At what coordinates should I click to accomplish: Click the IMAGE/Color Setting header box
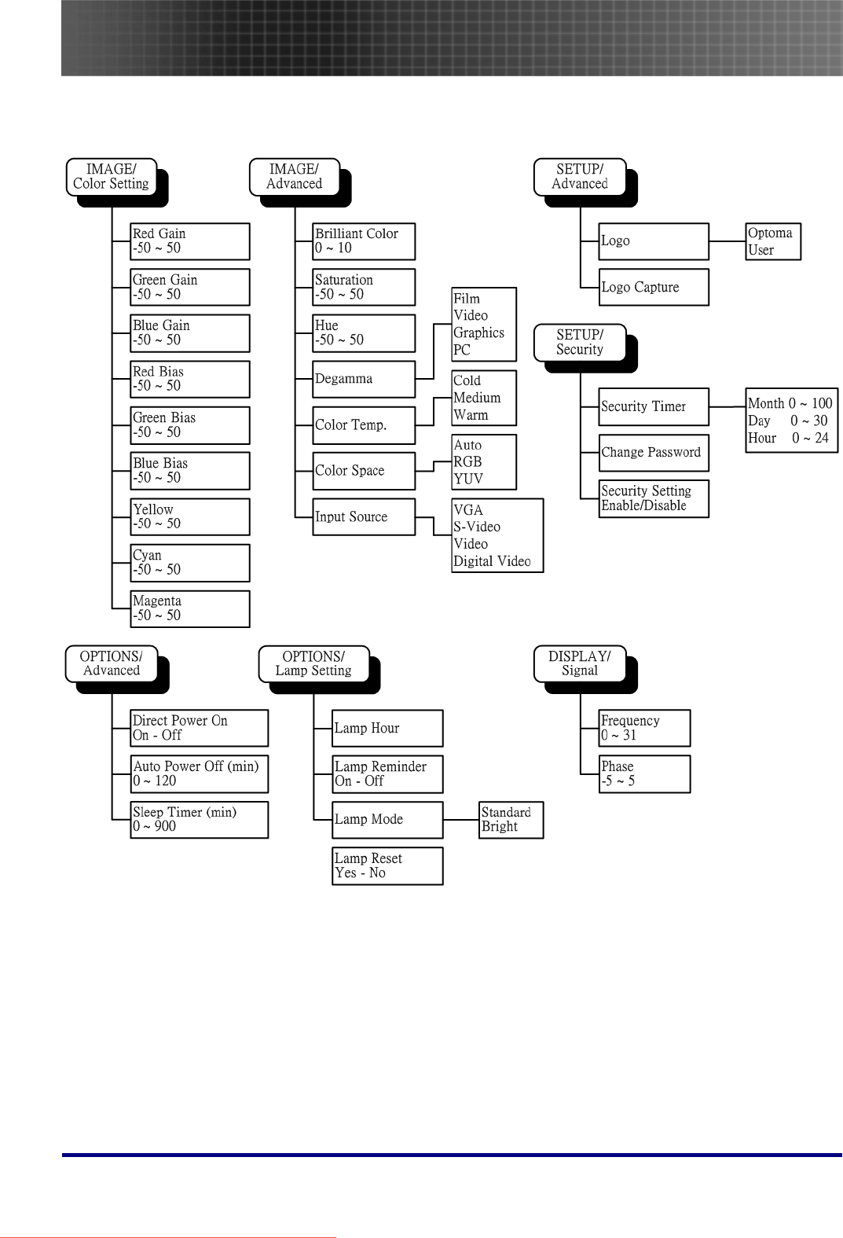click(111, 177)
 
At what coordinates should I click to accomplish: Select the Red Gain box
click(189, 241)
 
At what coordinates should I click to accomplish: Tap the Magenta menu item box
click(189, 608)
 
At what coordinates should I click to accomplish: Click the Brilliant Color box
click(363, 241)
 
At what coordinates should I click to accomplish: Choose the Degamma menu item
click(363, 379)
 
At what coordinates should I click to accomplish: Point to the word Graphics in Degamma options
click(478, 332)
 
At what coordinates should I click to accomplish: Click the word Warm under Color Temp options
click(471, 415)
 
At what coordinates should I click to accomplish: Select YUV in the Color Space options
click(468, 479)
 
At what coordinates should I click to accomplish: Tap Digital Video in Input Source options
click(492, 561)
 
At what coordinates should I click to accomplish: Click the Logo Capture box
click(653, 287)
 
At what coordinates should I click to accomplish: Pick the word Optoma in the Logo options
click(770, 233)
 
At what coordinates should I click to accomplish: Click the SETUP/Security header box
click(580, 343)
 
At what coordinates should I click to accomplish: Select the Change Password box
click(653, 453)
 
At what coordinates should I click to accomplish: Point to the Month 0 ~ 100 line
click(790, 403)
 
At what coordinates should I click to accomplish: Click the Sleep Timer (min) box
click(200, 820)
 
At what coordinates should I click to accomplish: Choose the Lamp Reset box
click(387, 865)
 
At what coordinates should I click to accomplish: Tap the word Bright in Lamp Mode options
click(500, 827)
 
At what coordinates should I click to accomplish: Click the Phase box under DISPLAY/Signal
click(644, 774)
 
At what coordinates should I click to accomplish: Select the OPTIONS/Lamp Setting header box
click(313, 664)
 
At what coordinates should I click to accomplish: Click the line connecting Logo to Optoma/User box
click(727, 241)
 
